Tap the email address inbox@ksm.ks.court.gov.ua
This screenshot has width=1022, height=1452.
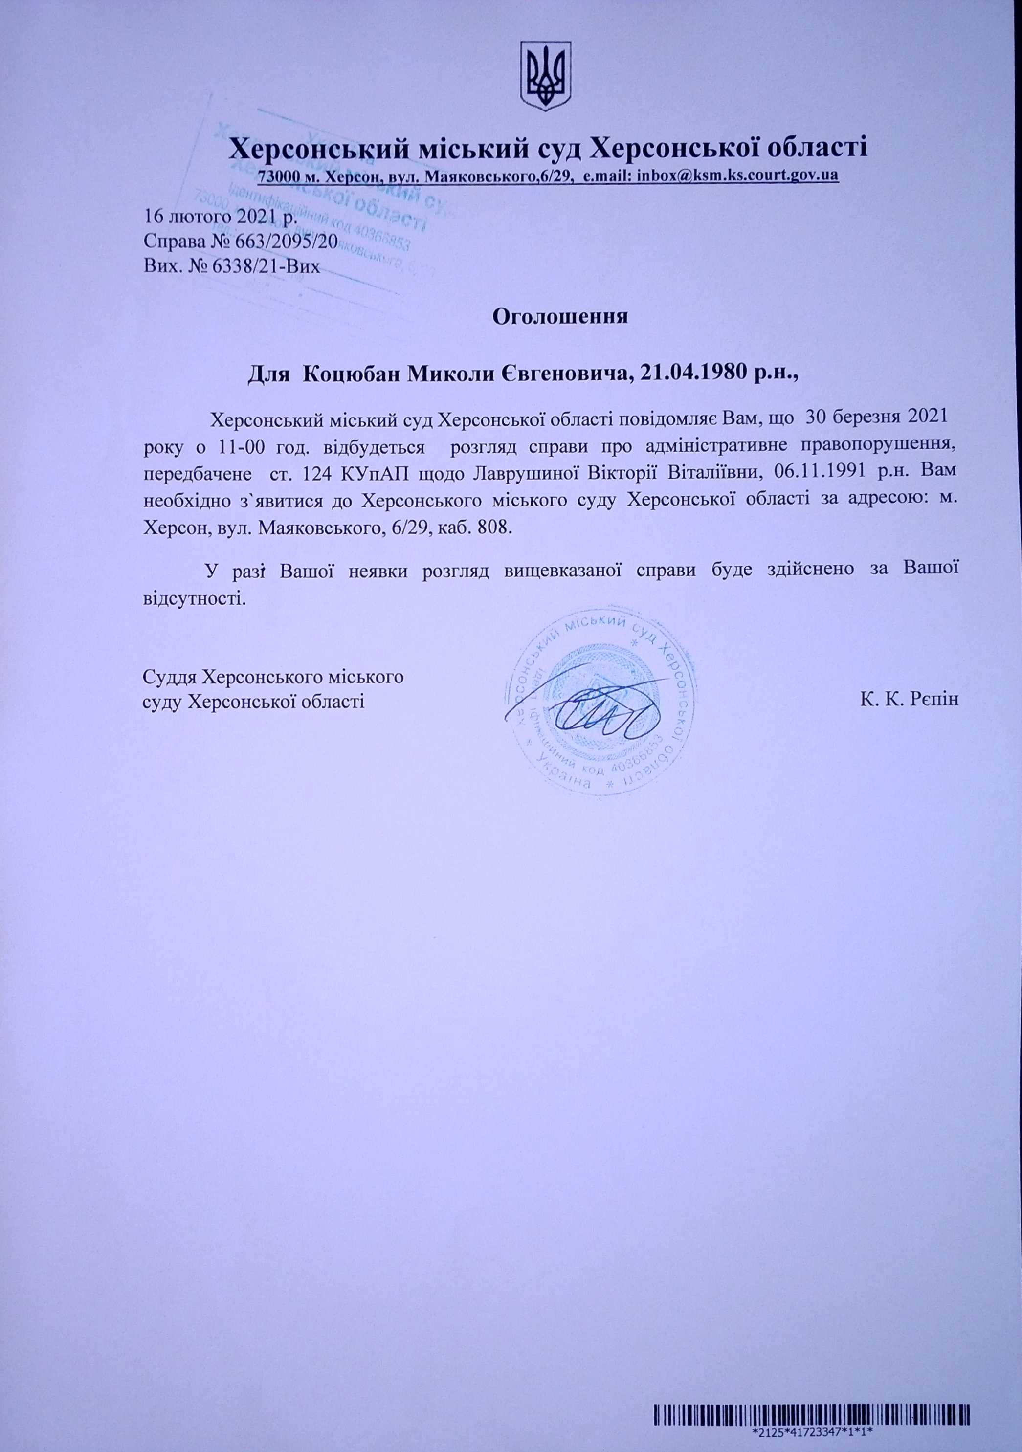[737, 175]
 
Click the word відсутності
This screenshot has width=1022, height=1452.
[194, 596]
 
